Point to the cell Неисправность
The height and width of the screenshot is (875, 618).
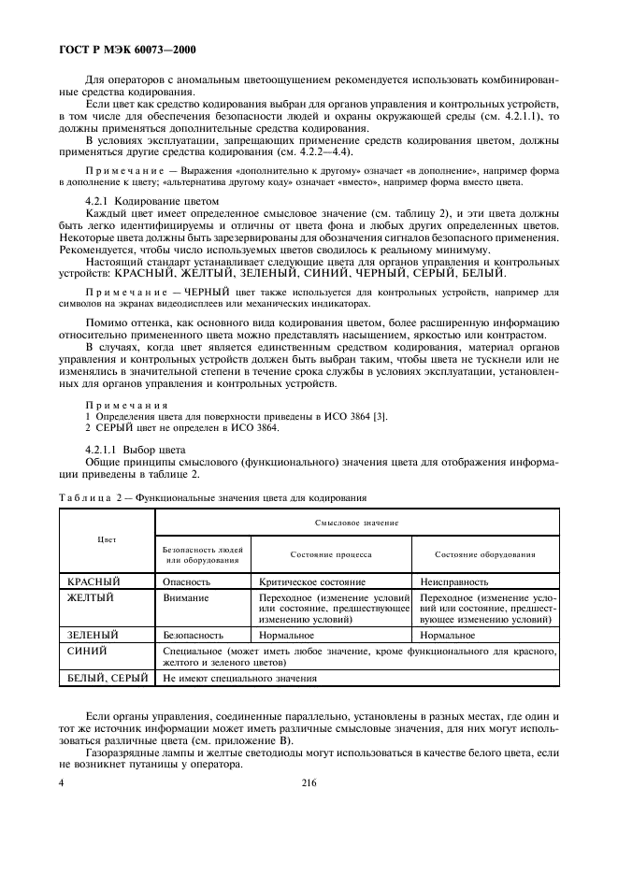pos(458,581)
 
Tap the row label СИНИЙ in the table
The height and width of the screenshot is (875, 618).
pos(88,650)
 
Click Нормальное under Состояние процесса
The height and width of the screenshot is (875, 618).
pos(287,635)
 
